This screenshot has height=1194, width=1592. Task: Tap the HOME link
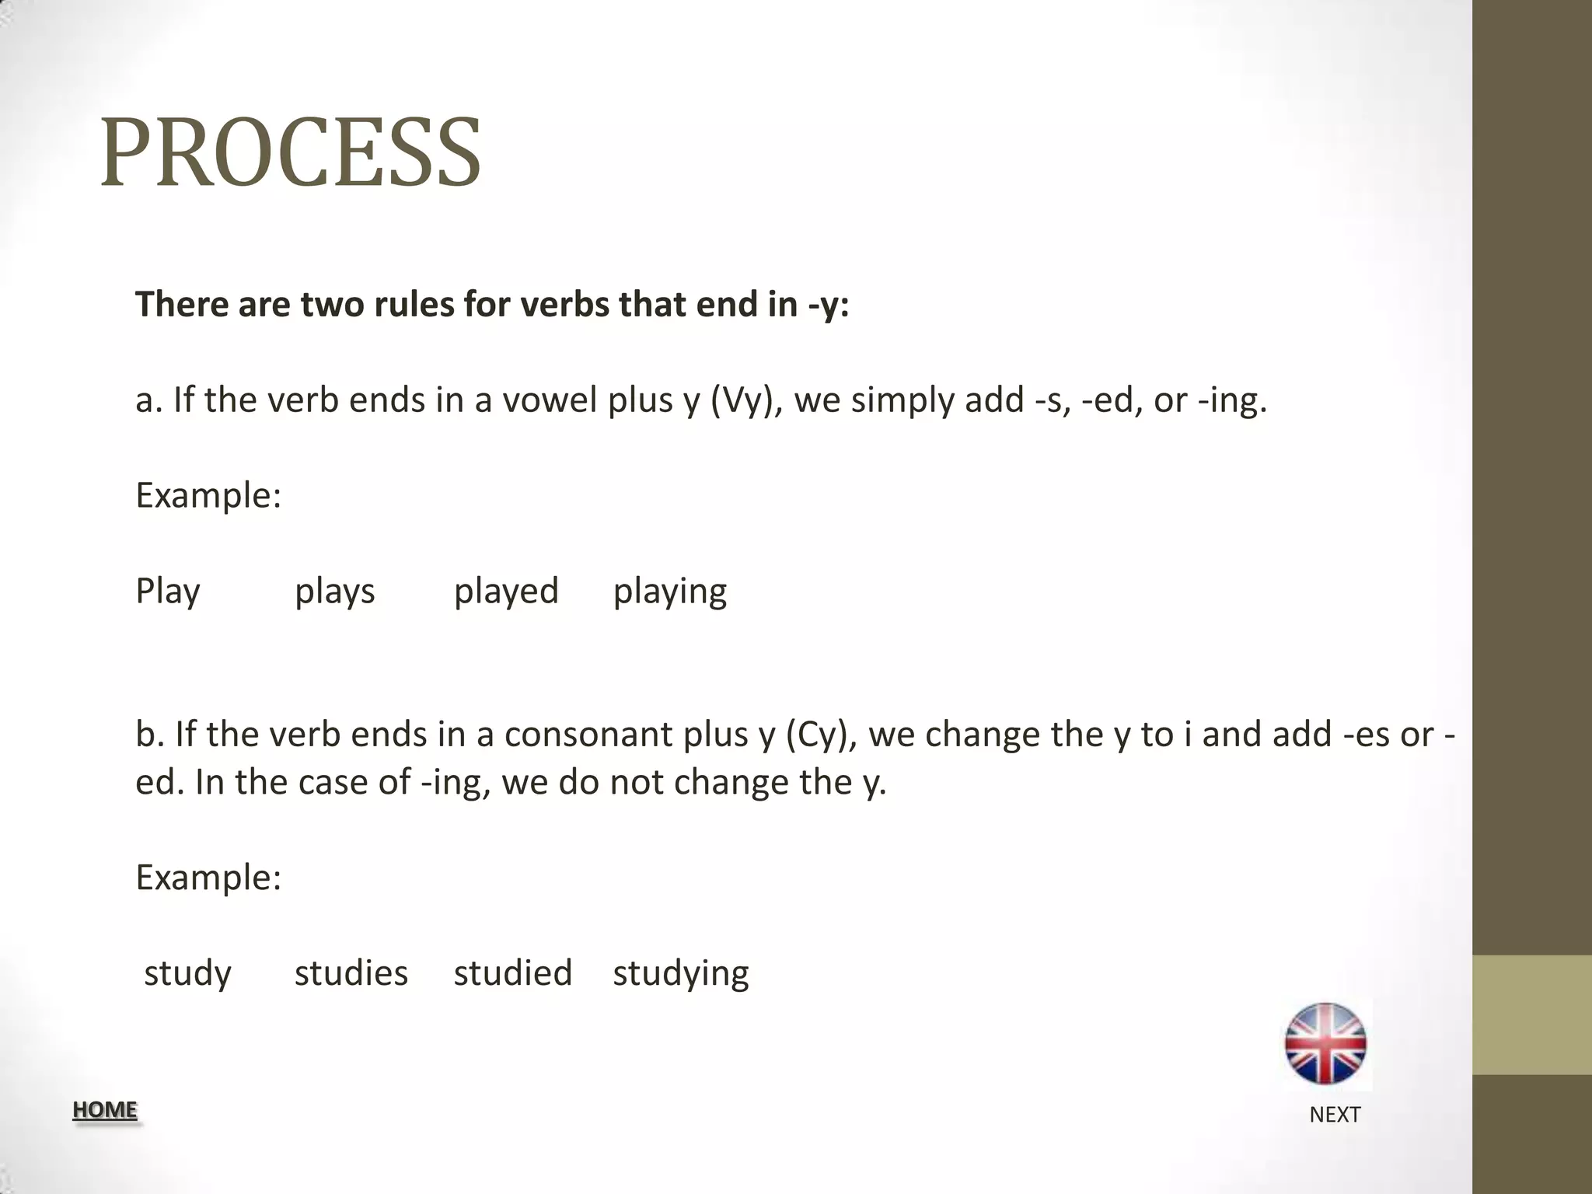[x=105, y=1109]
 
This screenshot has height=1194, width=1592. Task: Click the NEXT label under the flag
[x=1334, y=1115]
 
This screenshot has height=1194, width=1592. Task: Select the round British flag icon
[x=1325, y=1044]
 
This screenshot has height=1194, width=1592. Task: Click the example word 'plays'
[x=334, y=592]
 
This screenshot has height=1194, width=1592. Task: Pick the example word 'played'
[x=506, y=592]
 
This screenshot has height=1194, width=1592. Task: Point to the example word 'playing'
[x=669, y=592]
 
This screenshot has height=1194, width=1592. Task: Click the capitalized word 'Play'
[x=168, y=592]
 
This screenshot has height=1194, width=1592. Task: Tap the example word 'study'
[x=187, y=973]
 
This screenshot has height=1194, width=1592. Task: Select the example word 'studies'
[x=351, y=973]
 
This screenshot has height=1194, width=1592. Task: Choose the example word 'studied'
[x=513, y=973]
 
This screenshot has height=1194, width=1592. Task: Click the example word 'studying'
[x=680, y=973]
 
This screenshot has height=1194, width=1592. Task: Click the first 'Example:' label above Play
[x=208, y=496]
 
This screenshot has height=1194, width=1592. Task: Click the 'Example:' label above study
[x=208, y=878]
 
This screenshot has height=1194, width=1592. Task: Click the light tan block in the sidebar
[x=1531, y=1014]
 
